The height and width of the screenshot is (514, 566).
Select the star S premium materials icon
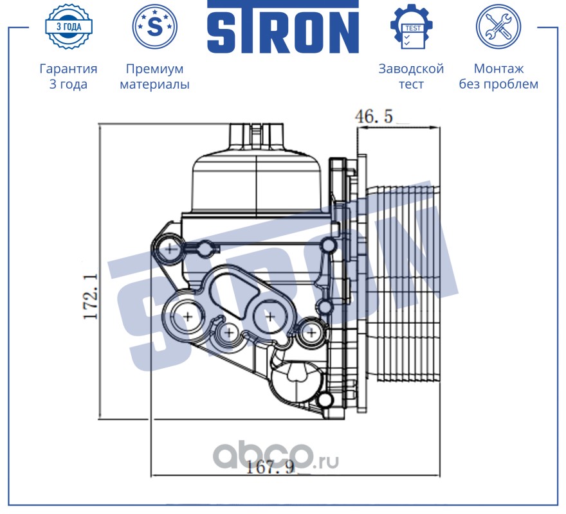coord(154,26)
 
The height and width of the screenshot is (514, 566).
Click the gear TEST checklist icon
coord(411,26)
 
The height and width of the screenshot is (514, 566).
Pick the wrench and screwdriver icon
coord(498,26)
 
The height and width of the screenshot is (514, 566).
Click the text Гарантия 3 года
coord(68,76)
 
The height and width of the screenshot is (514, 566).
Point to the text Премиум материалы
coord(154,76)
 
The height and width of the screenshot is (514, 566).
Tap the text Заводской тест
coord(411,76)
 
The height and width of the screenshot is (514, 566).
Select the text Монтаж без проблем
coord(498,76)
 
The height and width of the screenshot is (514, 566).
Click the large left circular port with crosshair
coord(188,315)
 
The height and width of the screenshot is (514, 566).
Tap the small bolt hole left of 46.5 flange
coord(328,245)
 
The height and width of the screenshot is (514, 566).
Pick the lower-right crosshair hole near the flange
coord(311,332)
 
